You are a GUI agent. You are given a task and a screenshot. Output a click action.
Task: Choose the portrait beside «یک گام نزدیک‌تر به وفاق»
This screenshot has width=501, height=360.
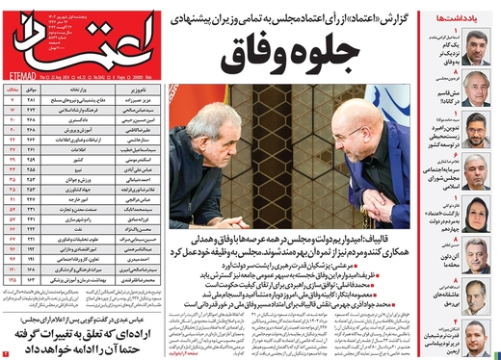pos(479,49)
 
